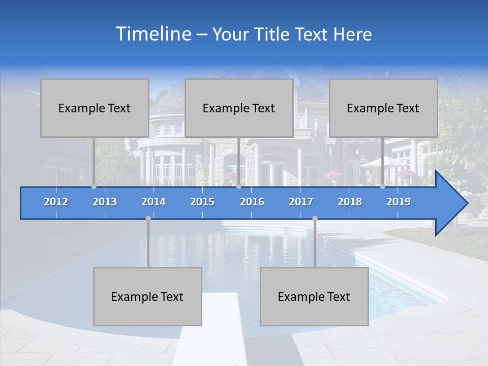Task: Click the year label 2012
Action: [x=56, y=202]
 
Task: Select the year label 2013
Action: [x=105, y=202]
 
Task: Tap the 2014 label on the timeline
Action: [x=154, y=202]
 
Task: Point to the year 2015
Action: [x=202, y=202]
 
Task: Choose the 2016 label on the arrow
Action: [x=252, y=202]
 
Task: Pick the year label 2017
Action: [x=301, y=202]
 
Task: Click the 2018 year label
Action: [x=350, y=202]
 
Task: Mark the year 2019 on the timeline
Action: [x=399, y=202]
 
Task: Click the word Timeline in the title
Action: [x=152, y=34]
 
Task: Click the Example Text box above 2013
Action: [x=95, y=108]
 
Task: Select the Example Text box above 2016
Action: [x=239, y=108]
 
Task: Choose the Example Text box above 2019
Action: [x=383, y=108]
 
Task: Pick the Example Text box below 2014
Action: [x=147, y=296]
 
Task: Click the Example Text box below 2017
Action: [x=314, y=296]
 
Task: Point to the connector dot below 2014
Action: [x=148, y=219]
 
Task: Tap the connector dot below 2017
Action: [x=315, y=219]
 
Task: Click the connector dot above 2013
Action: [x=94, y=186]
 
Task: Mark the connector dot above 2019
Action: [x=382, y=186]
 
